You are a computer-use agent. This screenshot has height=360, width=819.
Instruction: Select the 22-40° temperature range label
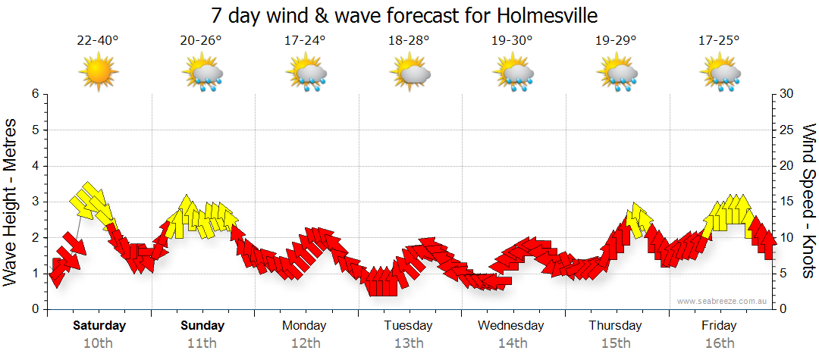click(x=98, y=40)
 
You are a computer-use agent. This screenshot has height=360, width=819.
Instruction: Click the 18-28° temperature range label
click(x=409, y=40)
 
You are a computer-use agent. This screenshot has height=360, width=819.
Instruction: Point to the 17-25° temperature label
click(x=719, y=40)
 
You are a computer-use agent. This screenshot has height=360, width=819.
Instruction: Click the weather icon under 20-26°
click(x=202, y=74)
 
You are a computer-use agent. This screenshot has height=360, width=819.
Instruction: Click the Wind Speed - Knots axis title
click(x=807, y=201)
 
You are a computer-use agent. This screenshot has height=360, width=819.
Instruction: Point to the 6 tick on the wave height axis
click(x=34, y=94)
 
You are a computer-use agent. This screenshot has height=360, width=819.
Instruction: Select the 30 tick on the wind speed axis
click(x=786, y=94)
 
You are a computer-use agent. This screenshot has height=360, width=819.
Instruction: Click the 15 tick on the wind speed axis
click(x=786, y=202)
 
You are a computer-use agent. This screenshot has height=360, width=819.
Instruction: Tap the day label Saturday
click(x=99, y=326)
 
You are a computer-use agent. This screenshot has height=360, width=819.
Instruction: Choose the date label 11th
click(x=202, y=343)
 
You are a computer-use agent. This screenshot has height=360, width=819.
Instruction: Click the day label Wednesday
click(x=512, y=326)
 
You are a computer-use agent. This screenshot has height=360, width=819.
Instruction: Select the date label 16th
click(x=719, y=343)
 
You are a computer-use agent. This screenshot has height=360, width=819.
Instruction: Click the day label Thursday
click(x=615, y=326)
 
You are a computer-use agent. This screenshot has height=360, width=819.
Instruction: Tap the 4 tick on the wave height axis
click(x=34, y=166)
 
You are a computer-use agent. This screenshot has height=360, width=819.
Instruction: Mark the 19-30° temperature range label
click(x=512, y=40)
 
